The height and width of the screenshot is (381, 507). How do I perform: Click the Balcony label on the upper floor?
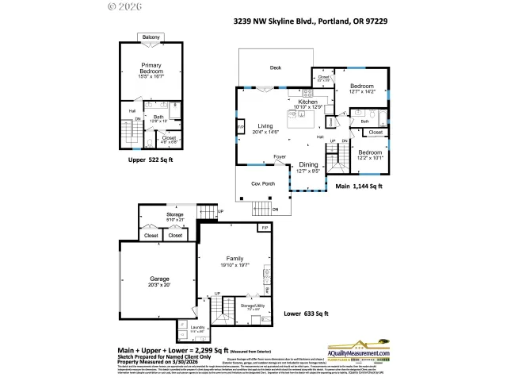(151, 37)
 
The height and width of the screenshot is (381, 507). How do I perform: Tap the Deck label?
(275, 67)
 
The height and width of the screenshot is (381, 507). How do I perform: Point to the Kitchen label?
(307, 102)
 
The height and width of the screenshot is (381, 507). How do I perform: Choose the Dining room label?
(307, 164)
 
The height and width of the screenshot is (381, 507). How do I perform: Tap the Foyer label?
(280, 157)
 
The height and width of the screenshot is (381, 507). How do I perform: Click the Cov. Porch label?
(262, 183)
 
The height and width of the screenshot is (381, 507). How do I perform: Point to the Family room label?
(234, 259)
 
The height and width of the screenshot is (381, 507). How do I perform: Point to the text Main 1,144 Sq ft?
(359, 187)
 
